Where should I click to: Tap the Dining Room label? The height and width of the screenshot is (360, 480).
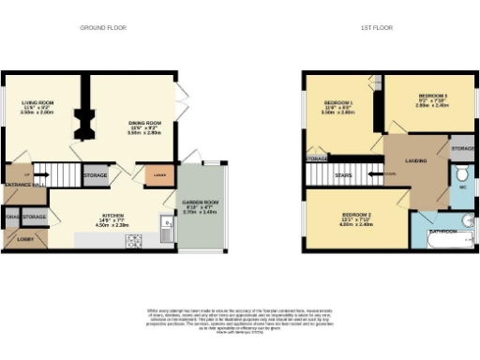[145, 123]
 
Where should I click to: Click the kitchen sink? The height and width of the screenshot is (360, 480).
[165, 225]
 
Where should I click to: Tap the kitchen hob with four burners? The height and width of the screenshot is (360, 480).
[134, 241]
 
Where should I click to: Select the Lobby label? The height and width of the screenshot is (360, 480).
[23, 240]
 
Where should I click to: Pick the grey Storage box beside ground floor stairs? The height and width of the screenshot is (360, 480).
[95, 174]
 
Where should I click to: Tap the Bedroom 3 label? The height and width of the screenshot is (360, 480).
[432, 97]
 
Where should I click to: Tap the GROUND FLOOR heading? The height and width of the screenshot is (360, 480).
[96, 28]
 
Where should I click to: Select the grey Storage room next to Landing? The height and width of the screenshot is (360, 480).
[461, 150]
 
